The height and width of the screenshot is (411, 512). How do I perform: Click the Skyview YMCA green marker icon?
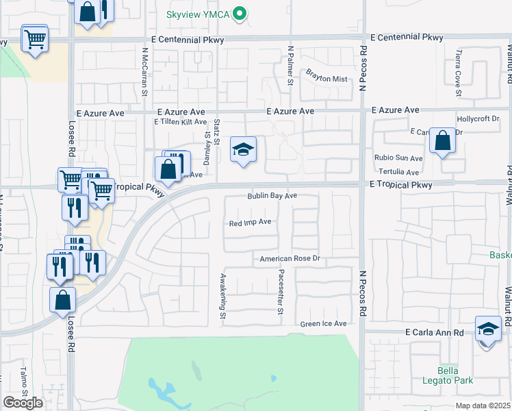(239, 13)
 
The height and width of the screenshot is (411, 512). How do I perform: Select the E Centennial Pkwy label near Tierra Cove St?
(406, 37)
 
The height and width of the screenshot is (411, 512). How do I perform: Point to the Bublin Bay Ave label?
(272, 196)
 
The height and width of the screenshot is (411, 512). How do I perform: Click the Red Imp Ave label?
(251, 223)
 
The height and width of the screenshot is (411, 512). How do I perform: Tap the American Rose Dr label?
(290, 259)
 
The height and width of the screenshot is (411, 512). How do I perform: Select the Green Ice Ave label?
(323, 323)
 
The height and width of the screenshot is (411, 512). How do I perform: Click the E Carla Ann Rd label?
(434, 333)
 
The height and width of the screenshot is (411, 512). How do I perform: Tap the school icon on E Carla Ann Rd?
(488, 329)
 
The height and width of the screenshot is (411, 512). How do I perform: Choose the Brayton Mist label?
(327, 79)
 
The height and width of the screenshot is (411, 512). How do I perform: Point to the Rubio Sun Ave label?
(398, 158)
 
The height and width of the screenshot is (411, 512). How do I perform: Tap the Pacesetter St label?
(281, 292)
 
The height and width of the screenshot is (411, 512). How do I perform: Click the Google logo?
(23, 403)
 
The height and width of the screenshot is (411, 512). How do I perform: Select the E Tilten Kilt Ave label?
(180, 122)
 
